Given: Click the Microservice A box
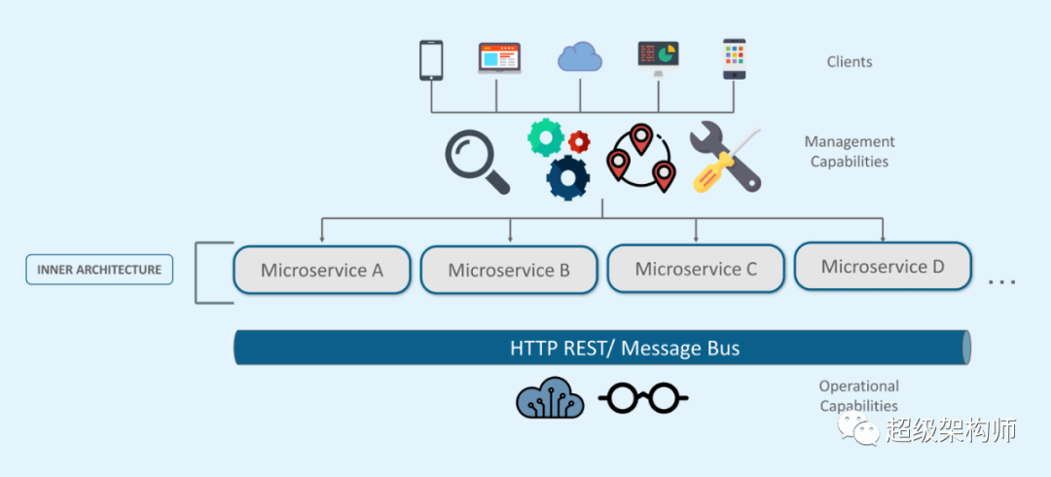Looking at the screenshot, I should (322, 270).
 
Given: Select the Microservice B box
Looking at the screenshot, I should (509, 270).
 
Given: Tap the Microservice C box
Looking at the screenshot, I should (696, 269).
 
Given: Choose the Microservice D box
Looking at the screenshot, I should (883, 267).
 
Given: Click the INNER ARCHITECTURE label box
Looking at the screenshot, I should (99, 270).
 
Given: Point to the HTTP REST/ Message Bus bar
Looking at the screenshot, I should (603, 348).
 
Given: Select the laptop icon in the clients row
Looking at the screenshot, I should (500, 58).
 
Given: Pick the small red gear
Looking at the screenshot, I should (579, 141).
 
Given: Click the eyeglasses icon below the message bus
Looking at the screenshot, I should (643, 397).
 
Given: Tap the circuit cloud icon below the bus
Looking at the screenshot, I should (550, 398).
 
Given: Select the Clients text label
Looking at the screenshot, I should (850, 62).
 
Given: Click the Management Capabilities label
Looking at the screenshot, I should (850, 152).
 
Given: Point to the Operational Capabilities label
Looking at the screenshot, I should (858, 396).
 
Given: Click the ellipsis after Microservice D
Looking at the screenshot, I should (1001, 281).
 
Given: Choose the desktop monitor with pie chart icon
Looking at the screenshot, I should (659, 57).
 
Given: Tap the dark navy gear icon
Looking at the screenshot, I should (567, 178).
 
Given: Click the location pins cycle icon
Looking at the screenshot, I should (640, 158).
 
